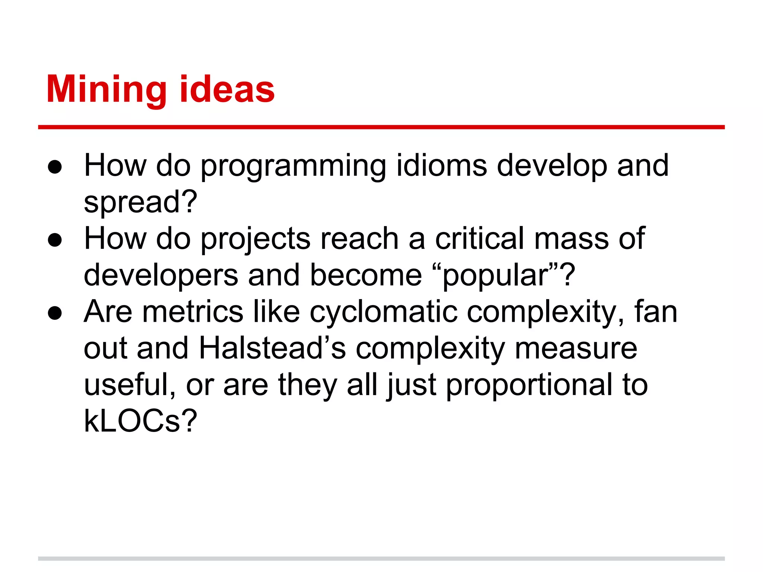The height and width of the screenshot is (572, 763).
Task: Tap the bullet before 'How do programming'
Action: pyautogui.click(x=55, y=167)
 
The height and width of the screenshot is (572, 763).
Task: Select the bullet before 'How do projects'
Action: pyautogui.click(x=55, y=240)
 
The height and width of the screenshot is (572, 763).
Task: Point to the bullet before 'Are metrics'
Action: pyautogui.click(x=55, y=313)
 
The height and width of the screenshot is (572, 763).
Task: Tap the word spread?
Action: pyautogui.click(x=140, y=202)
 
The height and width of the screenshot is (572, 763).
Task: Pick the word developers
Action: pyautogui.click(x=161, y=275)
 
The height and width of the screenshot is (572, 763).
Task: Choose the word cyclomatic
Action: pyautogui.click(x=383, y=312)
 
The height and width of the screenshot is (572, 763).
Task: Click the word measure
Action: pyautogui.click(x=576, y=348)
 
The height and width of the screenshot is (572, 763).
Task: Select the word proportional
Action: pyautogui.click(x=529, y=385)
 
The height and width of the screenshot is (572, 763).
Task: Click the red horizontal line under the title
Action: pyautogui.click(x=381, y=127)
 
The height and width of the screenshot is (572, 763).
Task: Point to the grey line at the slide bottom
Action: pyautogui.click(x=381, y=559)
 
